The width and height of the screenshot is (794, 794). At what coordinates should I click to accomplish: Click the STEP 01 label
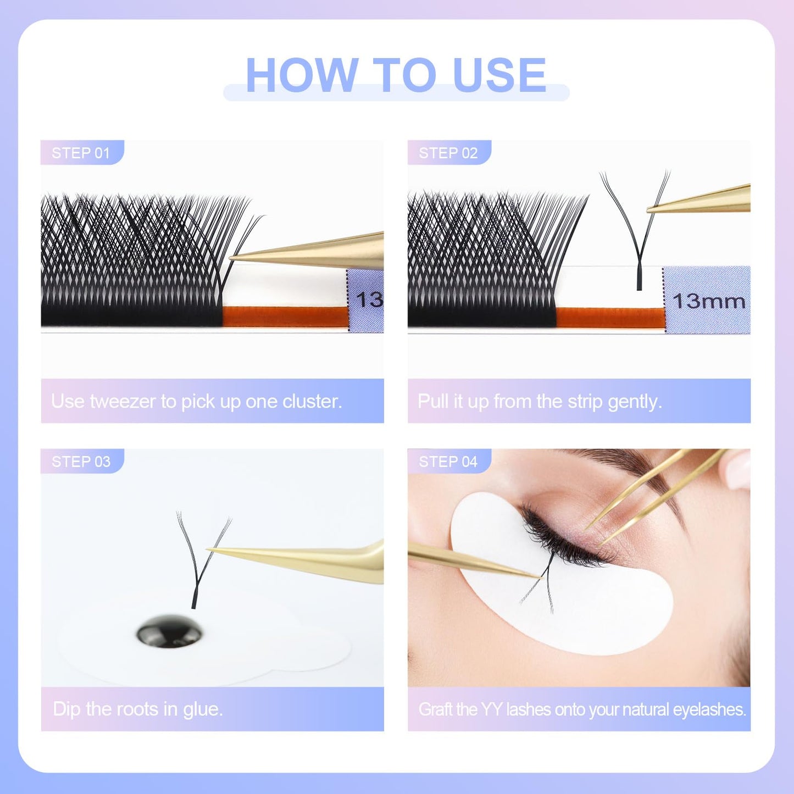click(81, 153)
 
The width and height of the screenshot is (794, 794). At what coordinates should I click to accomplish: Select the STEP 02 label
click(448, 153)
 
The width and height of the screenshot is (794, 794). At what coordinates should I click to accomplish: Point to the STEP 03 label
click(81, 462)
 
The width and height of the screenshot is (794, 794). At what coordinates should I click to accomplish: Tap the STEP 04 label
click(448, 462)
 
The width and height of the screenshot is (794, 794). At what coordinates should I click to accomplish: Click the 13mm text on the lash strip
click(709, 302)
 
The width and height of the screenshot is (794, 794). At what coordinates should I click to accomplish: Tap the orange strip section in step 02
click(610, 317)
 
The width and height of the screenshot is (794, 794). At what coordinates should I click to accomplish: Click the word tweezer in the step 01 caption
click(123, 402)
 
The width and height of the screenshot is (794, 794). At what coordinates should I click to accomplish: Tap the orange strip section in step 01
click(284, 317)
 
